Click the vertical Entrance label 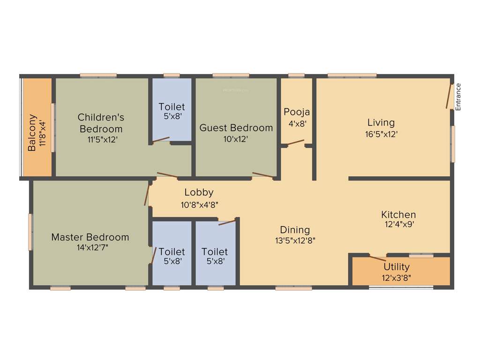pyautogui.click(x=458, y=97)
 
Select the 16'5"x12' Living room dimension pyautogui.click(x=381, y=134)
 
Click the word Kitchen pyautogui.click(x=398, y=215)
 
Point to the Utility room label pyautogui.click(x=396, y=267)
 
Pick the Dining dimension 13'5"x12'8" pyautogui.click(x=295, y=241)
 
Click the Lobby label pyautogui.click(x=199, y=192)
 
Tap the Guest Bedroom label pyautogui.click(x=236, y=127)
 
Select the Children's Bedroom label pyautogui.click(x=101, y=123)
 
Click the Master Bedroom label pyautogui.click(x=90, y=237)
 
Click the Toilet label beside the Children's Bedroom pyautogui.click(x=172, y=107)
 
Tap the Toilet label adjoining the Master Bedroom pyautogui.click(x=172, y=252)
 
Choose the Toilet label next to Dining pyautogui.click(x=215, y=252)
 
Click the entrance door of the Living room pyautogui.click(x=449, y=96)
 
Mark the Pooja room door pyautogui.click(x=295, y=142)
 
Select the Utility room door pyautogui.click(x=377, y=258)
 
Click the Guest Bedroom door pyautogui.click(x=262, y=175)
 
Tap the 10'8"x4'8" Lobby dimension pyautogui.click(x=199, y=204)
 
